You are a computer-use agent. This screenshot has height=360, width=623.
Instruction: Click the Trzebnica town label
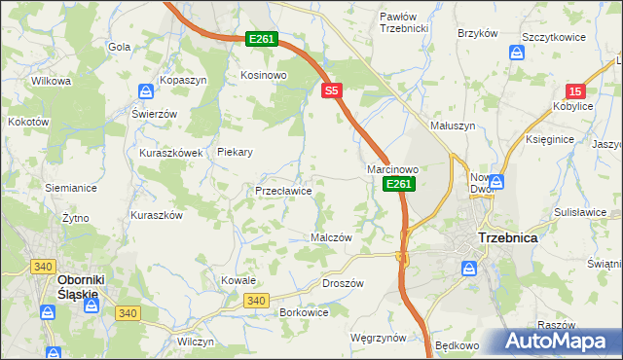tap(508, 237)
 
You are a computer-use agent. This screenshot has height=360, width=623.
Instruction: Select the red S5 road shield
tap(332, 90)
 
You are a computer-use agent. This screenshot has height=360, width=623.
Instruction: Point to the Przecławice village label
tap(283, 192)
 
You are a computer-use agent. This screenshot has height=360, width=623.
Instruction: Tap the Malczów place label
tap(330, 237)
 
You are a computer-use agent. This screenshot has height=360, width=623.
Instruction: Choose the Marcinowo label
tap(392, 169)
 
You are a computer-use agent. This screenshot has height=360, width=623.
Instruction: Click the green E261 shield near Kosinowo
tap(263, 39)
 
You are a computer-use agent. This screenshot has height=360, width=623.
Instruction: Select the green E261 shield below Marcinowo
tap(399, 183)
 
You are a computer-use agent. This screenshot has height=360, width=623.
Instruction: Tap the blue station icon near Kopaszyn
tap(145, 91)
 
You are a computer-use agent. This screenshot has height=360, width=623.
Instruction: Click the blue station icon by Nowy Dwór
tap(496, 181)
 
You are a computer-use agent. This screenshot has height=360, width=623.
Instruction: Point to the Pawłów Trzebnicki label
tap(404, 22)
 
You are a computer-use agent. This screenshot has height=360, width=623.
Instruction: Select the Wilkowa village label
tap(52, 81)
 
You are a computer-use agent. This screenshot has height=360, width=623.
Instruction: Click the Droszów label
tap(342, 283)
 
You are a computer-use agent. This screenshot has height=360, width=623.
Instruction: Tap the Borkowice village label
tap(304, 312)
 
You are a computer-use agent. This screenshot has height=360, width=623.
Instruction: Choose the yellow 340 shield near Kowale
tap(257, 301)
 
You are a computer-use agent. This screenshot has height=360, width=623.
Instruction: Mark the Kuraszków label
tap(157, 216)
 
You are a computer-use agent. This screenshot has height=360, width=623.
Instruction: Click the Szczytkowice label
tap(553, 36)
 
